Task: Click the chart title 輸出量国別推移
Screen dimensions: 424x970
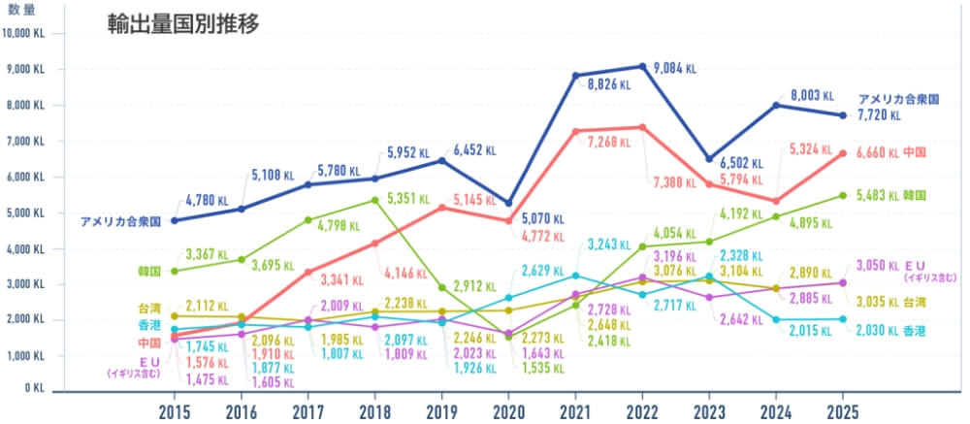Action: pos(183,24)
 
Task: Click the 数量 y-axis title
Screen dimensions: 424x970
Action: pos(22,9)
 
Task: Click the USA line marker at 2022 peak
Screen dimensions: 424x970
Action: pos(642,66)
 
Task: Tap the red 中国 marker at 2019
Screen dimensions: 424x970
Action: pos(441,208)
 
